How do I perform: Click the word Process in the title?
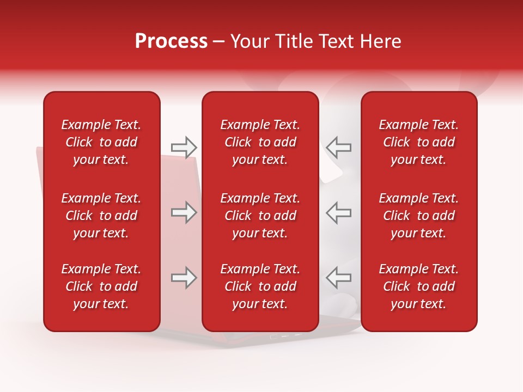click(x=171, y=41)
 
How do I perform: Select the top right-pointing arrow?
click(x=184, y=147)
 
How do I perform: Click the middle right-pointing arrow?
click(x=184, y=212)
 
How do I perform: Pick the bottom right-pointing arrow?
click(x=184, y=278)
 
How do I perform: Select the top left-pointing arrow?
click(x=338, y=147)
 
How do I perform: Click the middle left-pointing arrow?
click(x=338, y=212)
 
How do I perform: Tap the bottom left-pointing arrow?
click(x=338, y=278)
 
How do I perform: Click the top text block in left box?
click(x=101, y=142)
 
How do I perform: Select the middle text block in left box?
click(x=101, y=216)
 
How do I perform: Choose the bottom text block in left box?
click(x=101, y=286)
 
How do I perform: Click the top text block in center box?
click(x=260, y=142)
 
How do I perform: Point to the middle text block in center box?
click(x=260, y=216)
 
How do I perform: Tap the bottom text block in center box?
click(x=260, y=286)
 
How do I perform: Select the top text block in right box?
click(x=419, y=142)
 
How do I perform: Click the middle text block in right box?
click(x=419, y=216)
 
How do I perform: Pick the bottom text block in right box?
click(x=419, y=286)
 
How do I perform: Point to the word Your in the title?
click(x=248, y=41)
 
